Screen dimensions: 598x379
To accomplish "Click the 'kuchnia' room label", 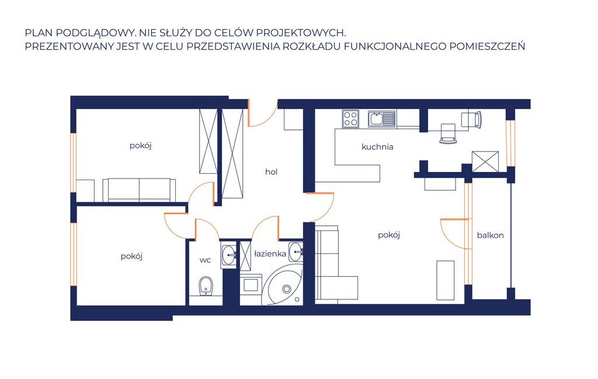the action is pyautogui.click(x=377, y=147).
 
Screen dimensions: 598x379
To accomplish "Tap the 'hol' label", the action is pyautogui.click(x=271, y=172).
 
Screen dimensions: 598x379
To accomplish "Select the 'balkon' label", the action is pyautogui.click(x=490, y=235).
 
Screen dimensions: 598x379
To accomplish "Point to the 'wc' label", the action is pyautogui.click(x=205, y=260).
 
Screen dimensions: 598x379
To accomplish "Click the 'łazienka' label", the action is pyautogui.click(x=270, y=254).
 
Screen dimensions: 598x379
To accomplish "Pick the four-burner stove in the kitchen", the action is pyautogui.click(x=350, y=118).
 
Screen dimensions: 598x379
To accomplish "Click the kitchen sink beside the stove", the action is pyautogui.click(x=382, y=118).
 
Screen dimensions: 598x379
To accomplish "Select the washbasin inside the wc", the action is pyautogui.click(x=229, y=254).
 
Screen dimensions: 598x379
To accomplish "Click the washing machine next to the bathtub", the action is pyautogui.click(x=251, y=284).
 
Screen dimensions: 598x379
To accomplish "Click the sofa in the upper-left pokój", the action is pyautogui.click(x=139, y=189).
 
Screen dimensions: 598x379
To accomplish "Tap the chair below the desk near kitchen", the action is pyautogui.click(x=448, y=133).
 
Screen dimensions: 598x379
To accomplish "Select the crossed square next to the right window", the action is pyautogui.click(x=485, y=161).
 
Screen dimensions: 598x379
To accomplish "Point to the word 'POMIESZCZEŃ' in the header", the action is pyautogui.click(x=488, y=46).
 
